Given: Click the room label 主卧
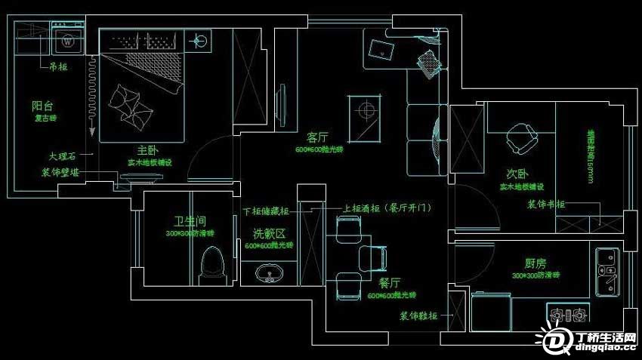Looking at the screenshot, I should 142,149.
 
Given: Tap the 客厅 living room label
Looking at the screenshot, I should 318,138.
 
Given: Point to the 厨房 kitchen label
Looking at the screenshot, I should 536,264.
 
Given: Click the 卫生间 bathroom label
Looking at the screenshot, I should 190,222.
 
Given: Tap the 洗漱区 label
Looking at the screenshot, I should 268,234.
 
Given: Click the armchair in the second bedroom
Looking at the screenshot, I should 520,140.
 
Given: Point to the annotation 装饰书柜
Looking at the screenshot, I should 545,205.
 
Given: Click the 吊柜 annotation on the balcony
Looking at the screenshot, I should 57,66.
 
